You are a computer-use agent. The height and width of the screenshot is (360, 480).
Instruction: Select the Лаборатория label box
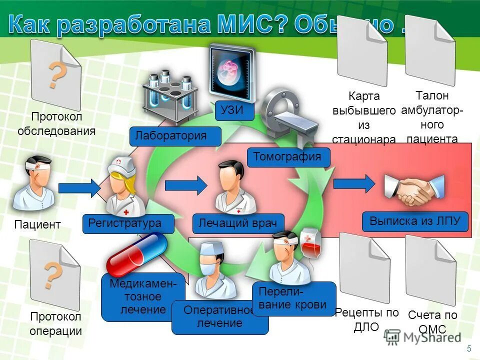(x=175, y=136)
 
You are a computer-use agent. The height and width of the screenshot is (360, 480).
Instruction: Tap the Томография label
(x=289, y=157)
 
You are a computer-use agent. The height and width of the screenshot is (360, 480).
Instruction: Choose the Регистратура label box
(x=128, y=223)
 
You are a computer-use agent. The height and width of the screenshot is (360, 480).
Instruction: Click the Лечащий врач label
(x=238, y=223)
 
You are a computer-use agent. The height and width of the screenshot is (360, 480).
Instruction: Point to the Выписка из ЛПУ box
(x=415, y=221)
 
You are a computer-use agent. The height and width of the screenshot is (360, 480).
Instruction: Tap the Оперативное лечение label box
(x=219, y=317)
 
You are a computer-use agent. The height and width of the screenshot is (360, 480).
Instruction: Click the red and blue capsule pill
(x=137, y=254)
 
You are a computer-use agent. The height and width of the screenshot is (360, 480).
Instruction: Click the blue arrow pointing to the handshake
(x=353, y=183)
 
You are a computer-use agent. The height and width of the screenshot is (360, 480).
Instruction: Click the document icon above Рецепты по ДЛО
(x=363, y=265)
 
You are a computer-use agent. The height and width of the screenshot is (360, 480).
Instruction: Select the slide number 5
(x=468, y=348)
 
